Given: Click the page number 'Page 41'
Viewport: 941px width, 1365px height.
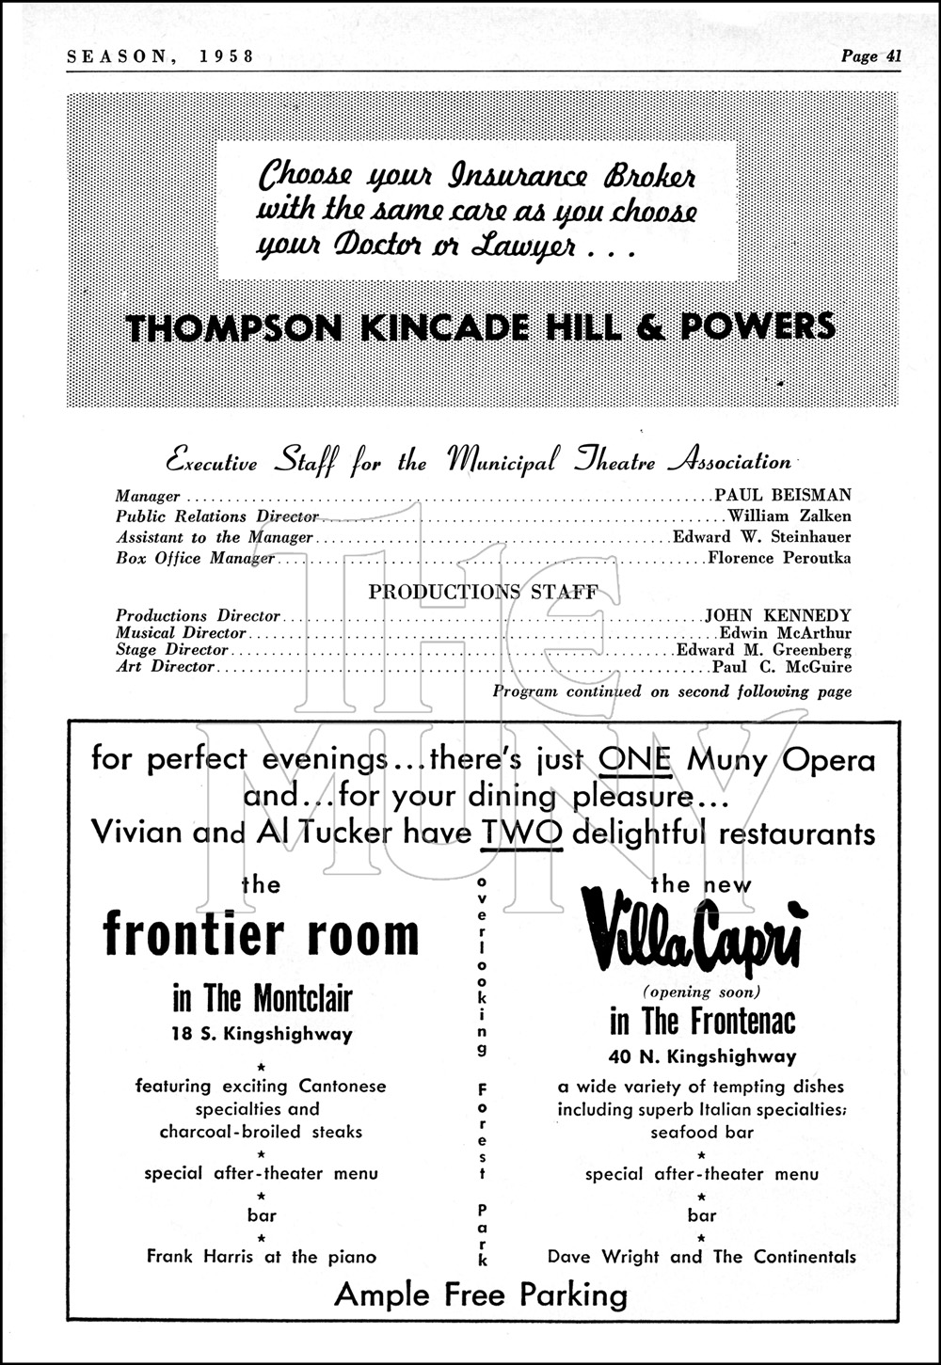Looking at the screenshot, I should pos(871,56).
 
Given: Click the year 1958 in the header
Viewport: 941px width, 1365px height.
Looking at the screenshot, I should pos(227,56).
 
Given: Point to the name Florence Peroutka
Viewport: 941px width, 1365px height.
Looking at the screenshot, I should pos(779,558).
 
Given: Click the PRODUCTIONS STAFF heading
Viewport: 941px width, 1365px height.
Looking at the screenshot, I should pos(483,593).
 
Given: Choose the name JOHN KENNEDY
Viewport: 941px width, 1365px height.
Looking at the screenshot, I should pos(778,616).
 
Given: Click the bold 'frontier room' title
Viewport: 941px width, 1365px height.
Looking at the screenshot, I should pos(261,934).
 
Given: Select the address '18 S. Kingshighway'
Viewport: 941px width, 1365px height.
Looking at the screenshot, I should pos(262,1034).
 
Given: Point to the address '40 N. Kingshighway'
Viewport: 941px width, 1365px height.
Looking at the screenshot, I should pos(702,1056).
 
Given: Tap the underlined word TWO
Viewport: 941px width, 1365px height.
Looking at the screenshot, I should pos(520,833).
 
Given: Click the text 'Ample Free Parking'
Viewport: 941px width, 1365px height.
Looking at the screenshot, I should pos(481,1295).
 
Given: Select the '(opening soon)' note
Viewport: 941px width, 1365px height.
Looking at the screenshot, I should pos(701,992).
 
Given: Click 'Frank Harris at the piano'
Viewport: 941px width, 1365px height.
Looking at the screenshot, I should pos(262,1257).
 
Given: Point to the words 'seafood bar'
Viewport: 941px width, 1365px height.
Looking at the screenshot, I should pos(702,1133).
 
